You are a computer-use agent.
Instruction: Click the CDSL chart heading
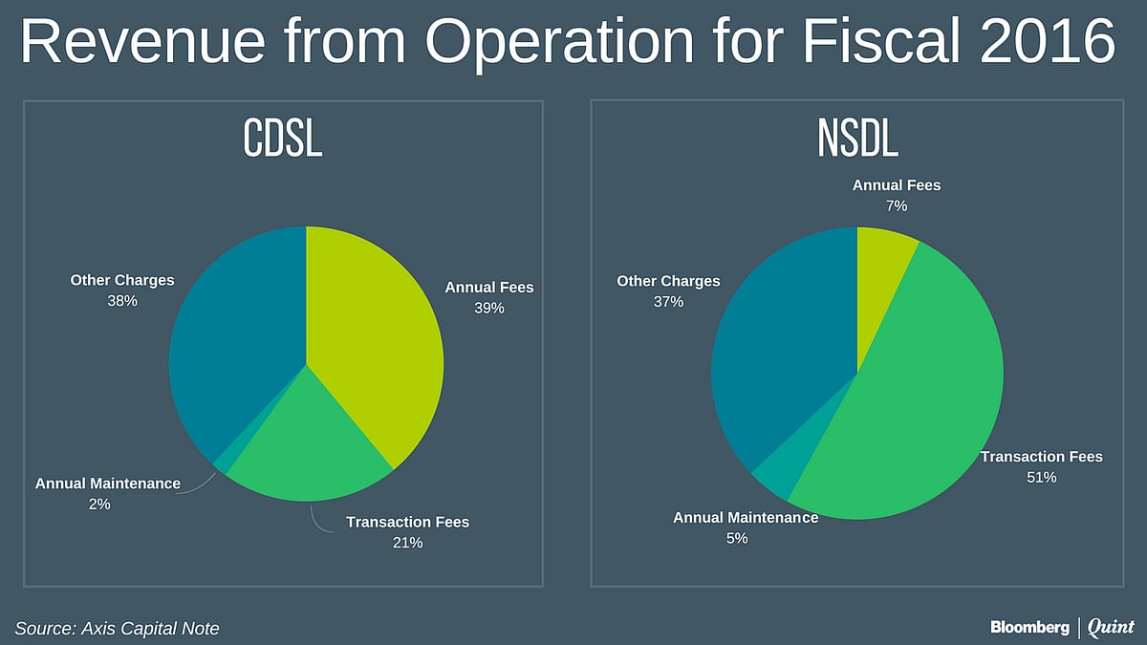[x=282, y=140]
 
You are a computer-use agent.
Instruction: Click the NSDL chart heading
[x=857, y=140]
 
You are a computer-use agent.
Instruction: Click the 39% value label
[x=488, y=308]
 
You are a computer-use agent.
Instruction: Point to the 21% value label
[x=407, y=543]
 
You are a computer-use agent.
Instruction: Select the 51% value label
[x=1041, y=477]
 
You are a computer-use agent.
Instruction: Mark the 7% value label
[x=897, y=205]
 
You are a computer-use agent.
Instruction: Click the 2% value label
[x=98, y=504]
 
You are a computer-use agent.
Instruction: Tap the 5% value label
[x=736, y=538]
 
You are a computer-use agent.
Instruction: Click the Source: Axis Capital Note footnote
[x=117, y=628]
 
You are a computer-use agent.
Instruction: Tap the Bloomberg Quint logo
[x=1061, y=627]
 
